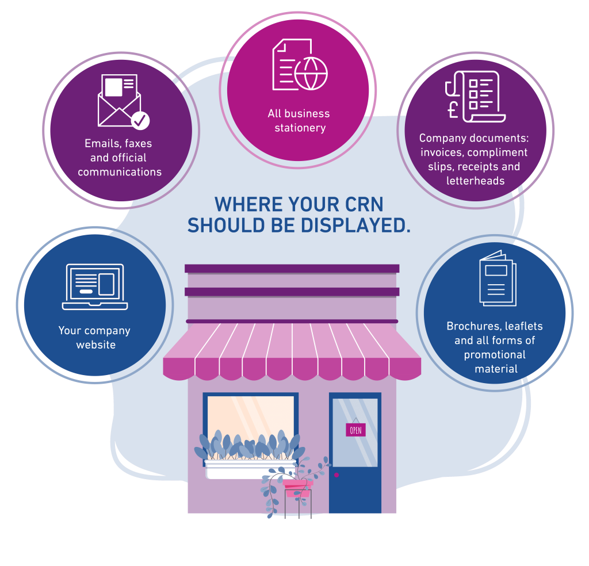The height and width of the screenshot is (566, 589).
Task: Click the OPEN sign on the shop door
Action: click(x=355, y=430)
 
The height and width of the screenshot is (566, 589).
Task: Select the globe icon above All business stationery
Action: click(x=311, y=73)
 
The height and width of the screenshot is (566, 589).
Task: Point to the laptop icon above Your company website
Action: click(x=95, y=286)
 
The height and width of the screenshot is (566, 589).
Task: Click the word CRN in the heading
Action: click(x=360, y=205)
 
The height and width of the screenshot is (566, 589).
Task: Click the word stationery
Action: click(x=300, y=128)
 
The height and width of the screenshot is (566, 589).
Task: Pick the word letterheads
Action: click(x=475, y=181)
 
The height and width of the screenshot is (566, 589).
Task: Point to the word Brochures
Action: click(x=473, y=326)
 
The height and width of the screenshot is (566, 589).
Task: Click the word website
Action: click(x=96, y=345)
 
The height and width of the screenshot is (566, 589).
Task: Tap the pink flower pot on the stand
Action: click(x=297, y=489)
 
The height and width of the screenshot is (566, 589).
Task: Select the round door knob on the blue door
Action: click(x=336, y=475)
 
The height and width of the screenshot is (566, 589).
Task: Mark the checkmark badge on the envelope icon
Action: click(x=140, y=121)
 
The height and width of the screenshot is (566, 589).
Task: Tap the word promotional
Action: click(x=495, y=354)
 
